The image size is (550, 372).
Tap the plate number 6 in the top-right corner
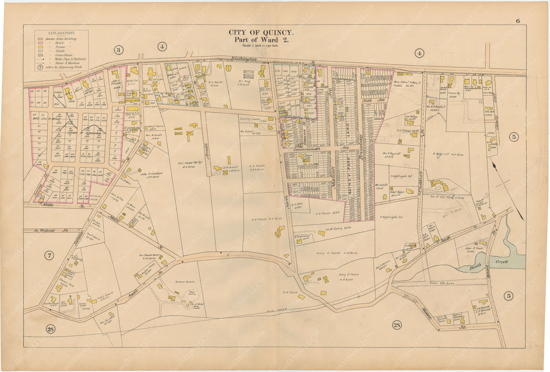point(517,7)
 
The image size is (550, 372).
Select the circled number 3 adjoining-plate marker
point(118,50)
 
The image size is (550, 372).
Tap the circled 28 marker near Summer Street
point(50,329)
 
